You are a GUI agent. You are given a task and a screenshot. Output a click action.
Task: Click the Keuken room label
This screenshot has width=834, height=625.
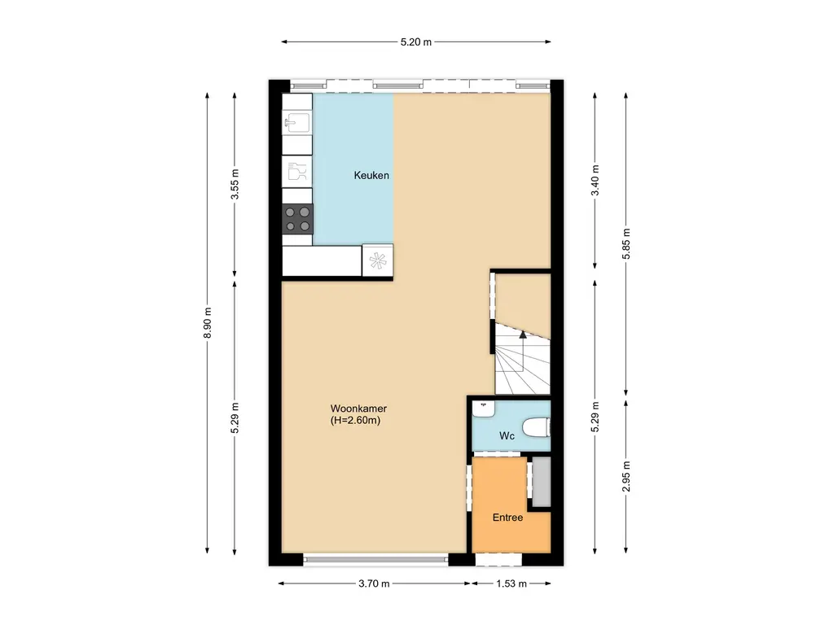pyautogui.click(x=371, y=176)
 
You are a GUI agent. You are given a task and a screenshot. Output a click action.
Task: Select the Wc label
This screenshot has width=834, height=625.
pyautogui.click(x=507, y=436)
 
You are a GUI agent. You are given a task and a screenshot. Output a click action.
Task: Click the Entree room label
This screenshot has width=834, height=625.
pyautogui.click(x=507, y=518)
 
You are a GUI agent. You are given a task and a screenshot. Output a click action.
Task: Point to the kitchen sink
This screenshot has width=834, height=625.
pyautogui.click(x=297, y=124)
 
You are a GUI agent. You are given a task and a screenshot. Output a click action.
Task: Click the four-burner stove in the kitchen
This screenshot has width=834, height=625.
pyautogui.click(x=297, y=219)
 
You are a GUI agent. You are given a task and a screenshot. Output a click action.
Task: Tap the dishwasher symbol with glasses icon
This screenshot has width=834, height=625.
pyautogui.click(x=297, y=171)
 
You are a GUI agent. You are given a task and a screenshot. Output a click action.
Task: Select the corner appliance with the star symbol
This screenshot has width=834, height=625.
pyautogui.click(x=377, y=260)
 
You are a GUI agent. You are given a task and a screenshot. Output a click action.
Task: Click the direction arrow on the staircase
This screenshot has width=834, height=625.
pyautogui.click(x=522, y=334)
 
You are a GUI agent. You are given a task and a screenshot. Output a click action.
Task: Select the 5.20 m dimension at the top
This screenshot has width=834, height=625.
pyautogui.click(x=416, y=42)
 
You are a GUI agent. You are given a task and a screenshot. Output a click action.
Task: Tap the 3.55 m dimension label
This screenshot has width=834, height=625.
pyautogui.click(x=235, y=184)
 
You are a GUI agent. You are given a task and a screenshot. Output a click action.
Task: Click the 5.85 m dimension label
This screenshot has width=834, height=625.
pyautogui.click(x=625, y=242)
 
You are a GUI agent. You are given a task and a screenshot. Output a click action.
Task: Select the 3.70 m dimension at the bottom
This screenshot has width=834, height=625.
pyautogui.click(x=374, y=583)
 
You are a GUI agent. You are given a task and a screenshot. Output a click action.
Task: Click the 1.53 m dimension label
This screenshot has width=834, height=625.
pyautogui.click(x=511, y=583)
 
